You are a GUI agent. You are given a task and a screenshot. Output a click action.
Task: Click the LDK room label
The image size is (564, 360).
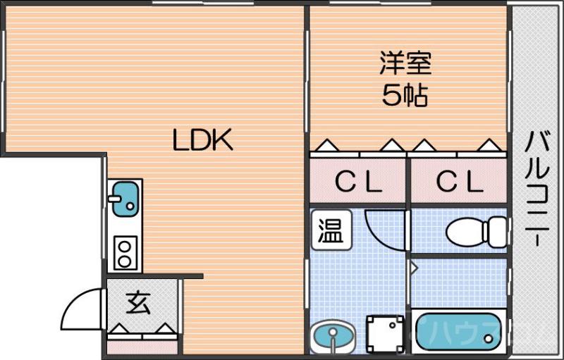pyautogui.click(x=203, y=141)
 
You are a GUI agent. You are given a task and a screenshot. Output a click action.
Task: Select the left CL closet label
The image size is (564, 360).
pyautogui.click(x=358, y=182)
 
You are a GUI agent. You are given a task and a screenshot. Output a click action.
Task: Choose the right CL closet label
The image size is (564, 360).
pyautogui.click(x=459, y=182)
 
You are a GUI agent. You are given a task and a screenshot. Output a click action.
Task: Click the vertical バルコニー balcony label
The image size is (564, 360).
pyautogui.click(x=537, y=187)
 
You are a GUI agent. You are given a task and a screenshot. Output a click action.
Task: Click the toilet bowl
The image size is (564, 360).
pyautogui.click(x=476, y=230)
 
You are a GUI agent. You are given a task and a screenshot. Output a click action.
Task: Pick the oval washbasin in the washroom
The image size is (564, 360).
pyautogui.click(x=333, y=336)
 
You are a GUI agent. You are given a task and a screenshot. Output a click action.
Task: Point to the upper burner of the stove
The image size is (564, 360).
pyautogui.click(x=125, y=247)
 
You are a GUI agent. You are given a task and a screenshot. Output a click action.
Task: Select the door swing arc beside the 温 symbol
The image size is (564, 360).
pyautogui.click(x=384, y=227)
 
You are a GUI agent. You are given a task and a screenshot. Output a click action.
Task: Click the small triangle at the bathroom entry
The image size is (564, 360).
pyautogui.click(x=414, y=268)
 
